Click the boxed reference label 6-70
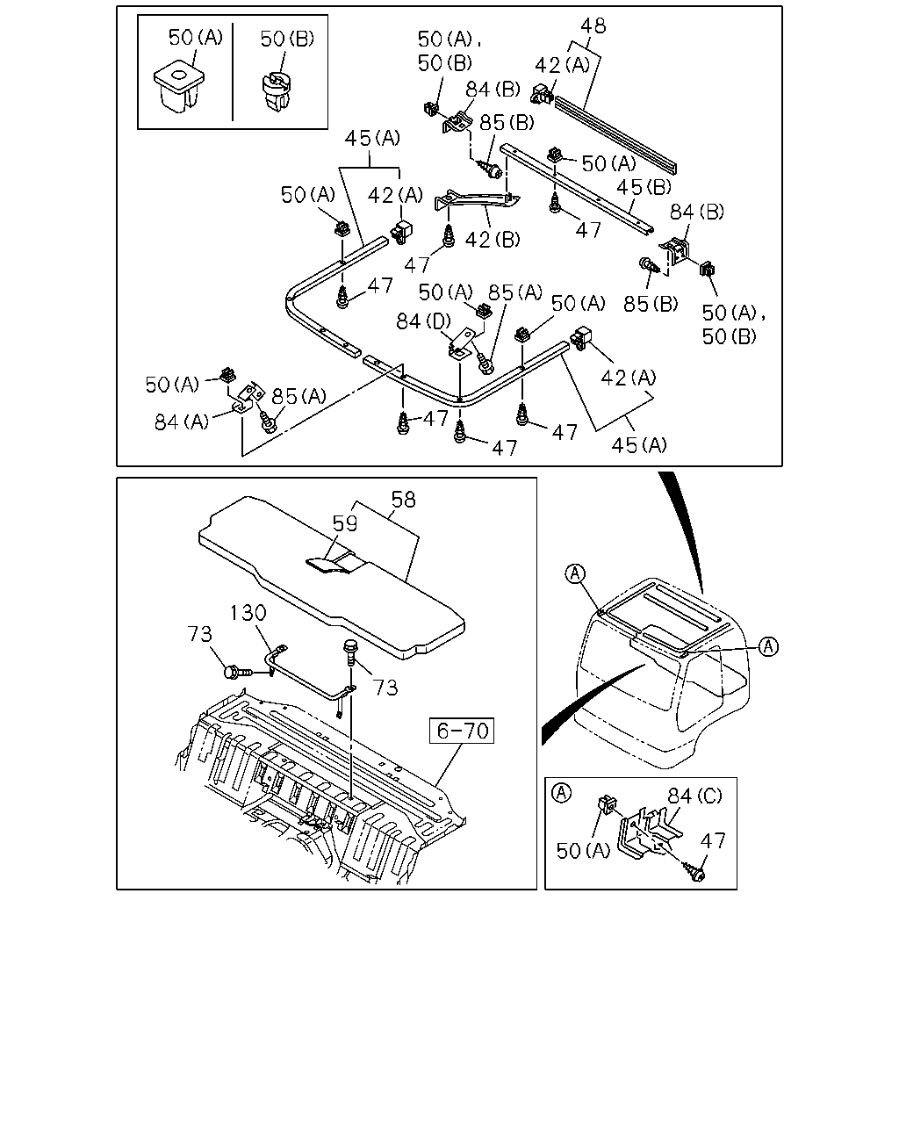coord(461,731)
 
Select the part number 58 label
coord(403,500)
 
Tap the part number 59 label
coord(345,523)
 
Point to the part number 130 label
coord(248,612)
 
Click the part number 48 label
coord(593,25)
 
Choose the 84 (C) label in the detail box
coord(694,796)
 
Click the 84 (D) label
coord(424,321)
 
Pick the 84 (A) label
coord(182,421)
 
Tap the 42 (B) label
coord(493,239)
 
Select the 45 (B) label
coord(644,186)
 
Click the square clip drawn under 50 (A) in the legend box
coord(178,86)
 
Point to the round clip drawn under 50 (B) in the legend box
coord(277,93)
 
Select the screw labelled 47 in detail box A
coord(694,871)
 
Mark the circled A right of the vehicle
coord(768,646)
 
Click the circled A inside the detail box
coord(562,793)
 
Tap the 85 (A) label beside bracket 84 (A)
coord(298,396)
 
